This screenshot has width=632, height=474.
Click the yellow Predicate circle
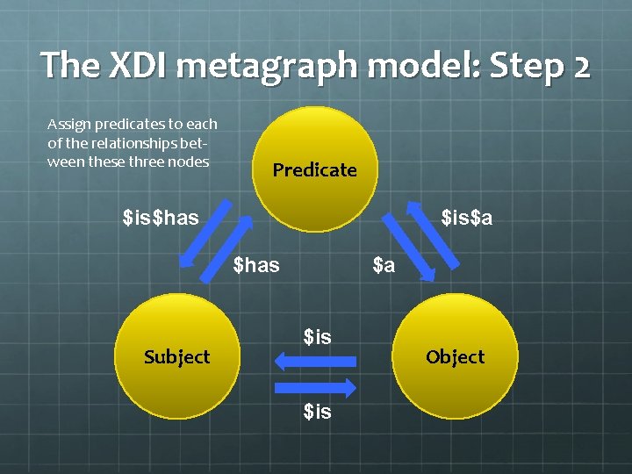tap(314, 169)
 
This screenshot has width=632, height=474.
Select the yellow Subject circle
tap(176, 356)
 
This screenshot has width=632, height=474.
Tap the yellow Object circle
tap(455, 356)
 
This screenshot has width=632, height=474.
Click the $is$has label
tap(161, 216)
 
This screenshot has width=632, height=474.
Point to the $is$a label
tap(466, 216)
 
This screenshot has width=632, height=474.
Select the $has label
tap(256, 264)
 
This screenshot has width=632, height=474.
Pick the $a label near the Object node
tap(384, 264)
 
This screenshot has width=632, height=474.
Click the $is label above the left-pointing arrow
tap(317, 336)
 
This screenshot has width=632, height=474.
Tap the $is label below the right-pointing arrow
tap(317, 411)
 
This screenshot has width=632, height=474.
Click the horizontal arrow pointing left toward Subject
tap(315, 361)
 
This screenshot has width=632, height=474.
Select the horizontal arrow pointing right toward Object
tap(315, 387)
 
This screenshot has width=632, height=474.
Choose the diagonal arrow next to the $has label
tap(227, 249)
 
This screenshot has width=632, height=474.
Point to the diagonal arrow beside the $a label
tap(407, 249)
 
